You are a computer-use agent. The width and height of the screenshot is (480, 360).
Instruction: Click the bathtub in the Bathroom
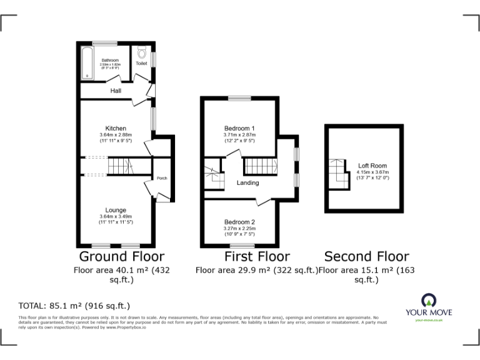point(86,64)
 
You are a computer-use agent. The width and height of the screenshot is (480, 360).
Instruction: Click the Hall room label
point(116,91)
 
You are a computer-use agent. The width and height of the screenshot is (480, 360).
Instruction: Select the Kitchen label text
point(116,128)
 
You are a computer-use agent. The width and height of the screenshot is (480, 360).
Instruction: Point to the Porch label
point(161,178)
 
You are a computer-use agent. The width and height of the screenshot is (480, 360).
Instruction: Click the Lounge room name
point(116,210)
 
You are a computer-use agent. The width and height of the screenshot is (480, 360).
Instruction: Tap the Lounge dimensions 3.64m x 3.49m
point(116,216)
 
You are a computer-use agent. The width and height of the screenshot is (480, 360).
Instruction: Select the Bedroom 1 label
point(239,128)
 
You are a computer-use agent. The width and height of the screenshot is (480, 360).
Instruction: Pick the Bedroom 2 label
point(239,222)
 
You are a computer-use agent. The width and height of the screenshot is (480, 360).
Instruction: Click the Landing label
point(247,182)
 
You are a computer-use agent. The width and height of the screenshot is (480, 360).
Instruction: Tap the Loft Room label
point(372,166)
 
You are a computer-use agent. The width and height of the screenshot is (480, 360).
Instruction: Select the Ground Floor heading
point(121,256)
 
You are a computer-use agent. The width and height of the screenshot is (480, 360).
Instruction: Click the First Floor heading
point(257,256)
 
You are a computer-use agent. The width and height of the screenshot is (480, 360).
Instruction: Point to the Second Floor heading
point(366,256)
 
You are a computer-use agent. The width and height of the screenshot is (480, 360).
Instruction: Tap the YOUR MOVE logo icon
point(429,299)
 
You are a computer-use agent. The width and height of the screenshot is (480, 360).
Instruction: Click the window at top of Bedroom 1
point(239,98)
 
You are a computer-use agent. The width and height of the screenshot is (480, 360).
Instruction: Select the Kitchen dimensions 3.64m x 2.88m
point(116,135)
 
